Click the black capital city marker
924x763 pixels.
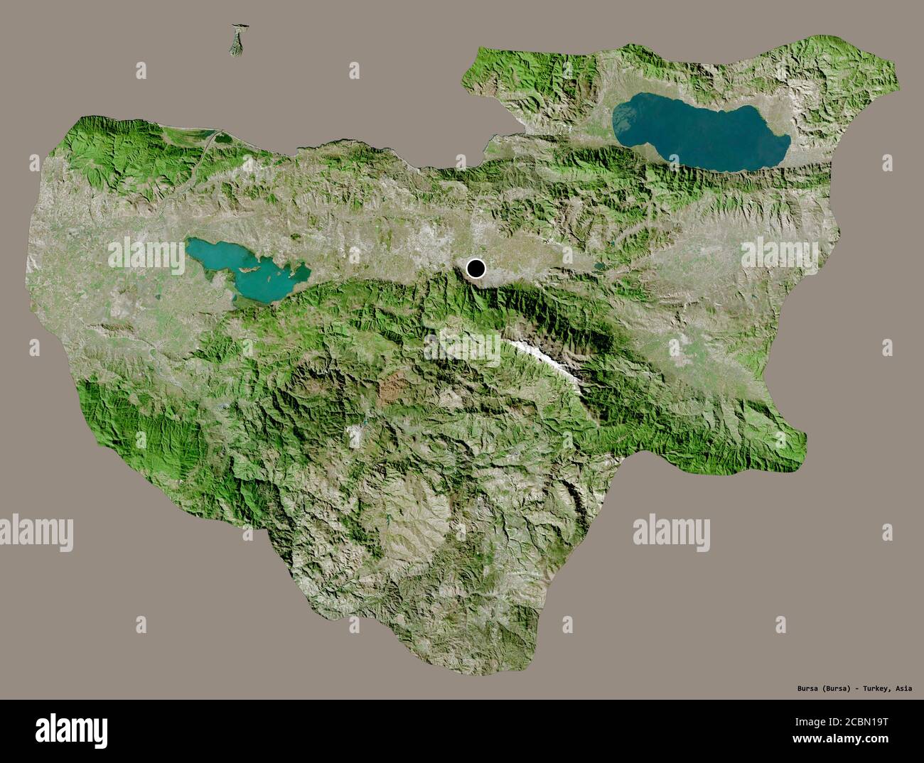476,269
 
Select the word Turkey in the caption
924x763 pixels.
871,688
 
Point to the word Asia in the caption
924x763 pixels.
904,688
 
